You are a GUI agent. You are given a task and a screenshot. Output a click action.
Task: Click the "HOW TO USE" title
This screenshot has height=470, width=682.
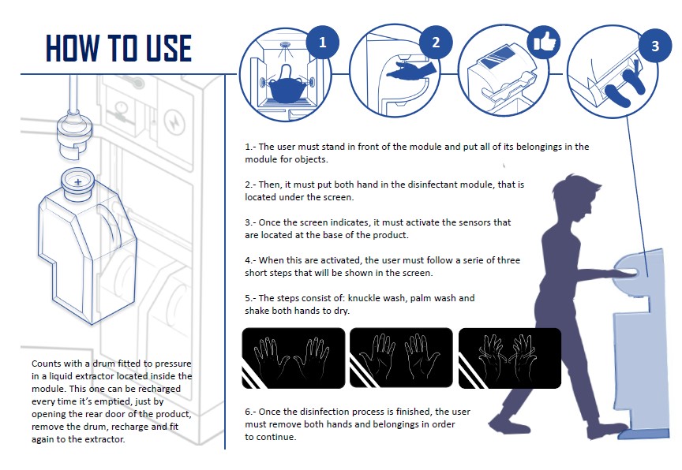click(x=118, y=48)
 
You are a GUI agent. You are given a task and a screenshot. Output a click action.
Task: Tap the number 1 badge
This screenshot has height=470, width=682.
click(x=322, y=43)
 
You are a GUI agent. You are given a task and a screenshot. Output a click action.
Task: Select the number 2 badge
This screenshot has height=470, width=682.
click(x=436, y=42)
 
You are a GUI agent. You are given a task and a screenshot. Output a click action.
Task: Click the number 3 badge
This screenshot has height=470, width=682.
click(x=655, y=46)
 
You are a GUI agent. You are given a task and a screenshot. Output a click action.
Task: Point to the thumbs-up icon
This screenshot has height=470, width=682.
click(x=544, y=42)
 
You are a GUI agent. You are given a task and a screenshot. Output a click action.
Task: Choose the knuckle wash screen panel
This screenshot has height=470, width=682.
click(x=293, y=358)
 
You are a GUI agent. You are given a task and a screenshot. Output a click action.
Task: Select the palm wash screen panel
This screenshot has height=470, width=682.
click(x=401, y=358)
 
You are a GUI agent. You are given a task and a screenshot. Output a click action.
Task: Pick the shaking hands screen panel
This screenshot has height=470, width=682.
click(x=510, y=358)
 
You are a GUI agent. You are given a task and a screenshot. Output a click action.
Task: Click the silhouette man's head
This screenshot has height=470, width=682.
click(x=575, y=198)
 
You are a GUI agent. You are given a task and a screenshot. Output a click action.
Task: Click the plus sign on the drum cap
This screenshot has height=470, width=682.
click(x=78, y=182)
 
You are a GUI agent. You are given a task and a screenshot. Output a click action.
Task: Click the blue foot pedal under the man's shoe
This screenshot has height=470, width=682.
click(x=644, y=433)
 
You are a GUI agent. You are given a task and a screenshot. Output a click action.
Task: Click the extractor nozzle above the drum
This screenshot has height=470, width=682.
click(x=75, y=135)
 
